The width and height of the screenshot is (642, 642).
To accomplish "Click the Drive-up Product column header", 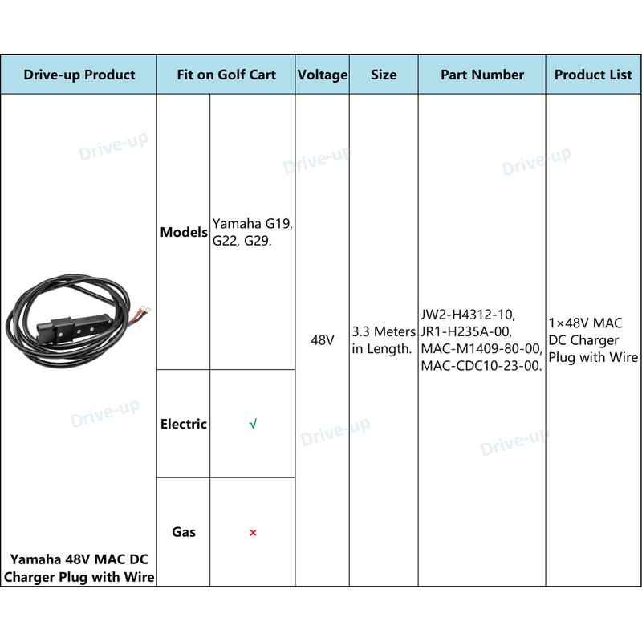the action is pyautogui.click(x=79, y=75).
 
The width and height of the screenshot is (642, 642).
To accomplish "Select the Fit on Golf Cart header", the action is pyautogui.click(x=226, y=75).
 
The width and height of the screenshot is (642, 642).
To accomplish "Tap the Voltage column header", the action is pyautogui.click(x=323, y=75).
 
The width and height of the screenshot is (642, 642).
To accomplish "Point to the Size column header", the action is pyautogui.click(x=384, y=75).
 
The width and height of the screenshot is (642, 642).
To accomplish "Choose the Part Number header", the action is pyautogui.click(x=482, y=75).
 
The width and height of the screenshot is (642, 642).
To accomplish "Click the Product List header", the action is pyautogui.click(x=593, y=75).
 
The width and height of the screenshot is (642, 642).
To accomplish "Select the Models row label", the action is pyautogui.click(x=184, y=232).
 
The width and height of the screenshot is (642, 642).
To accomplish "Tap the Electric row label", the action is pyautogui.click(x=184, y=424).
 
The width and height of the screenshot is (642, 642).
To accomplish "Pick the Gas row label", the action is pyautogui.click(x=184, y=532).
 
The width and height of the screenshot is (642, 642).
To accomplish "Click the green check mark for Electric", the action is pyautogui.click(x=253, y=424).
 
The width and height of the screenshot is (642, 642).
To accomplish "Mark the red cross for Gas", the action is pyautogui.click(x=253, y=533).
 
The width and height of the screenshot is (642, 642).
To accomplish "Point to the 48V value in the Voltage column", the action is pyautogui.click(x=323, y=339).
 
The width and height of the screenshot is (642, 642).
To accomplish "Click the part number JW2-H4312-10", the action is pyautogui.click(x=468, y=315).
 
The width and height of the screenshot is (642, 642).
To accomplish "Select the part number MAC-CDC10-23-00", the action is pyautogui.click(x=481, y=366).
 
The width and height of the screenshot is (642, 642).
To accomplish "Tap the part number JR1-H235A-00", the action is pyautogui.click(x=466, y=331).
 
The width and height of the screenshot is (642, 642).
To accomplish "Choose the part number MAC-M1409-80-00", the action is pyautogui.click(x=481, y=348).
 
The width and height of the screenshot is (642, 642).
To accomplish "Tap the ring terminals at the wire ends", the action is pyautogui.click(x=144, y=311).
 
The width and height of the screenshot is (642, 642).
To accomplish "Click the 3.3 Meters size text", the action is pyautogui.click(x=384, y=331).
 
